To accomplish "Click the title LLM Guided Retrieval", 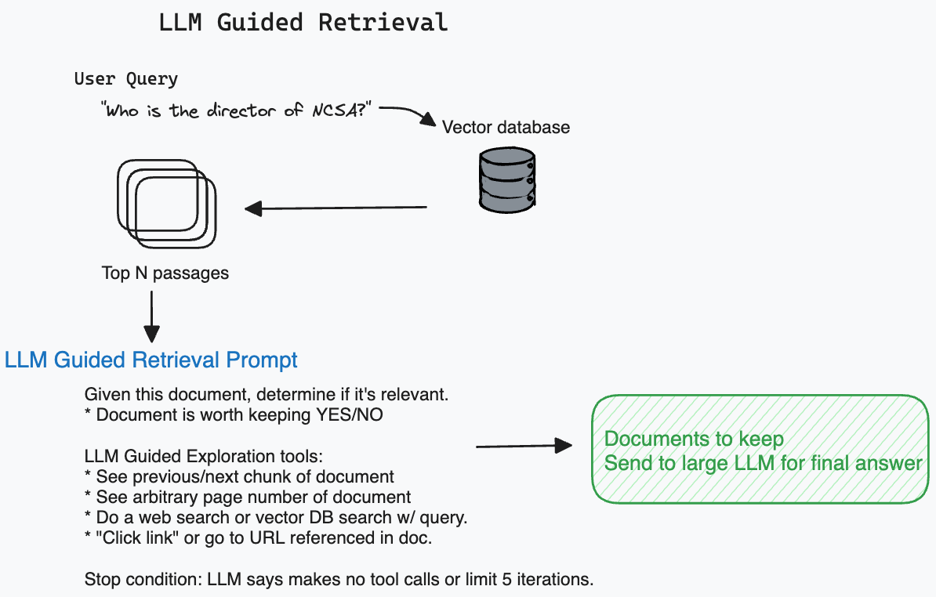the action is coord(303,23).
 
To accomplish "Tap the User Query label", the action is coord(126,78).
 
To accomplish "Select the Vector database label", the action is coord(506,127).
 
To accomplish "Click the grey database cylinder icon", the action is coord(507,180).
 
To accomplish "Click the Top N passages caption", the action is coord(165,273).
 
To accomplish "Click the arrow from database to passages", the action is coord(336,208).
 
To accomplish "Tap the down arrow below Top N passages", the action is coord(151,316).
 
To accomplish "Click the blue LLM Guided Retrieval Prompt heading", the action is coord(151,360).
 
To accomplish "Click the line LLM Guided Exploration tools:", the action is coord(204,456).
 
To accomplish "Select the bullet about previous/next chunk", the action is coord(239,477).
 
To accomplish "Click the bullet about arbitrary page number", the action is coord(248,498).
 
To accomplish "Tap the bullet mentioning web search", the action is coord(276,518).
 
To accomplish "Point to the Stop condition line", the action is coord(339,579).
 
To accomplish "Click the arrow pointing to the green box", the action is coord(524,446).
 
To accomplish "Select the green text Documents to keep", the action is coord(694,439).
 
